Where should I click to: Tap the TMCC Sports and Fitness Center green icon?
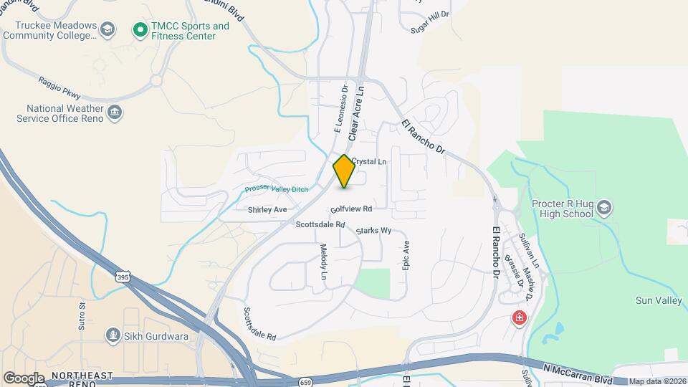coord(140,31)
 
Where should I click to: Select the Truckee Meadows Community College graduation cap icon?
coord(107,30)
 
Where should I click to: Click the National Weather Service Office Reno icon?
coord(114,112)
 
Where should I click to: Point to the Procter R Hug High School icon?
coord(603,208)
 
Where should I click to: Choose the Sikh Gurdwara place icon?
coord(113,334)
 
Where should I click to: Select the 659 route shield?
coord(306,381)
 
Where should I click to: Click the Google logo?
coord(24,378)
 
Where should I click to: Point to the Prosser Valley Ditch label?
coord(276,188)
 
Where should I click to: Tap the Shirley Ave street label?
coord(267,210)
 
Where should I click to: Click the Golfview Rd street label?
coord(351,209)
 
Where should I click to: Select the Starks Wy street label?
coord(373,231)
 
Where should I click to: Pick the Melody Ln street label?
coord(323,261)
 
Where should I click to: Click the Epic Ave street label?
coord(406,255)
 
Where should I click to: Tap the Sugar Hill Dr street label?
coord(429,22)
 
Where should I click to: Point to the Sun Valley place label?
coord(659,301)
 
